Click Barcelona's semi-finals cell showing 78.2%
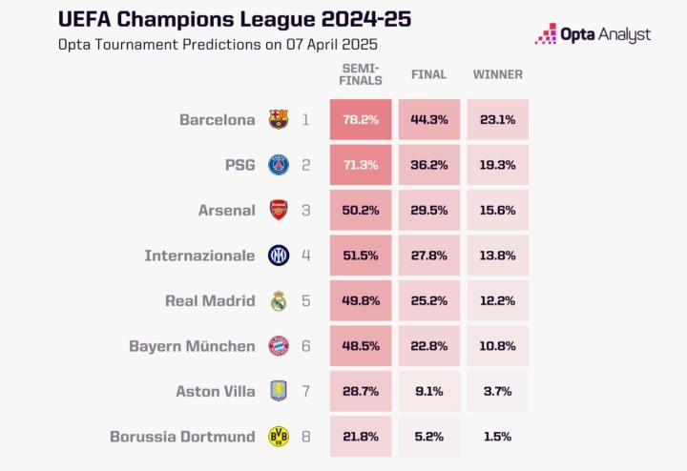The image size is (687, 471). (x=361, y=120)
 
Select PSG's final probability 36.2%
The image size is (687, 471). (x=428, y=165)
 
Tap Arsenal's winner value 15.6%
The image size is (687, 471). (x=497, y=210)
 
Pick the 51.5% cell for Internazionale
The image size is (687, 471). (x=361, y=256)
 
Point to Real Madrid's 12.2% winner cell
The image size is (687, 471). (x=497, y=300)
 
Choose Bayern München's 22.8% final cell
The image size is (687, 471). (x=428, y=346)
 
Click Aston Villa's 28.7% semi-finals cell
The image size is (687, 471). (x=361, y=391)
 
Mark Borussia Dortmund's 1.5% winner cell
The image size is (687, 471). (x=497, y=437)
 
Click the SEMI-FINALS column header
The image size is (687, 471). (x=361, y=74)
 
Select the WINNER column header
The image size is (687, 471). (x=497, y=74)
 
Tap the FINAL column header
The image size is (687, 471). (x=428, y=74)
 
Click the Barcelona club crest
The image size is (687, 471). (x=278, y=120)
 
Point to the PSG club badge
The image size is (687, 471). (x=278, y=165)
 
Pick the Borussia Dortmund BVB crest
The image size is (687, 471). (x=278, y=437)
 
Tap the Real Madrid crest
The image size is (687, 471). (x=278, y=300)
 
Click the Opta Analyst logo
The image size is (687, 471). (x=593, y=34)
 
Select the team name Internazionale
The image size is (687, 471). (x=199, y=256)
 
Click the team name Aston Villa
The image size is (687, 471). (x=216, y=391)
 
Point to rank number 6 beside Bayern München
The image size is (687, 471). (x=306, y=346)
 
